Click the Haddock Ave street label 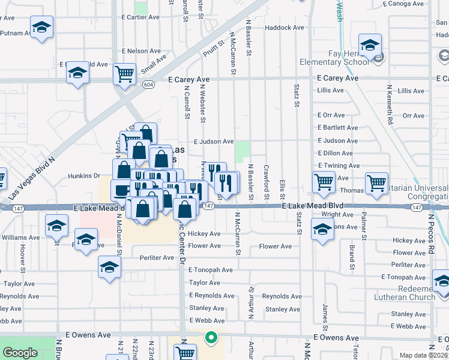pos(285,28)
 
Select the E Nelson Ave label pos(141,52)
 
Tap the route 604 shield pos(148,85)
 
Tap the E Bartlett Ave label pos(338,128)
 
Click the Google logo pos(20,353)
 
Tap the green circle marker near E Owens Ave pos(210,338)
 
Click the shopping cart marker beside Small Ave pos(125,74)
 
